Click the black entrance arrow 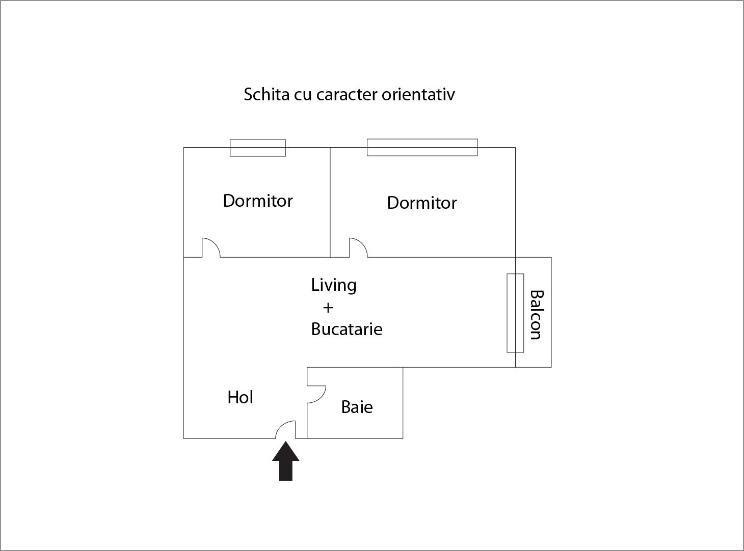click(285, 461)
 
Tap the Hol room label click(240, 397)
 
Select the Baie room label click(357, 407)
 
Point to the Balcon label click(537, 315)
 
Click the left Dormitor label click(258, 201)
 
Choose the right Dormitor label click(421, 203)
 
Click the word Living click(333, 285)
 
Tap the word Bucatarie click(347, 329)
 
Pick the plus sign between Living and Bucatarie click(328, 308)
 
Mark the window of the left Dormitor click(258, 148)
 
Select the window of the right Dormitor click(422, 148)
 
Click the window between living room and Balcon click(515, 313)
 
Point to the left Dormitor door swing click(211, 248)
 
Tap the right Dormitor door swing click(358, 248)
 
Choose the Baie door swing click(316, 394)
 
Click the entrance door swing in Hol click(285, 430)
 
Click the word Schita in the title click(267, 94)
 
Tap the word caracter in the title click(347, 95)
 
